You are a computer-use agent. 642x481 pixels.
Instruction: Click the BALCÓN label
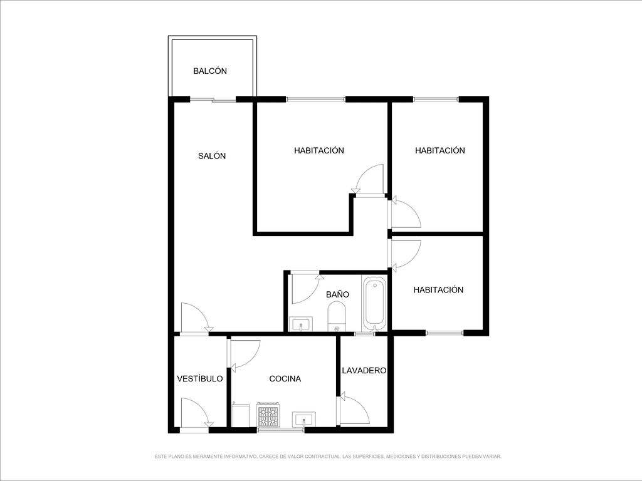click(210, 71)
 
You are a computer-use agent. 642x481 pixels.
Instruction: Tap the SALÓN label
click(212, 156)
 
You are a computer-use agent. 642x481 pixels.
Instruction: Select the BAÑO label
click(338, 294)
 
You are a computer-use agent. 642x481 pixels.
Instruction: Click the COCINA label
click(285, 379)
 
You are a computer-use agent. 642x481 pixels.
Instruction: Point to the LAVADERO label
click(364, 371)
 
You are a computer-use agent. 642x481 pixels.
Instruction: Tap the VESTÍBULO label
click(200, 379)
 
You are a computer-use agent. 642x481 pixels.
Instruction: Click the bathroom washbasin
click(301, 324)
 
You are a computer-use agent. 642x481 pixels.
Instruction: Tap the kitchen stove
click(268, 415)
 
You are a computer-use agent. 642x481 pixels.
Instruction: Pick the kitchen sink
click(304, 420)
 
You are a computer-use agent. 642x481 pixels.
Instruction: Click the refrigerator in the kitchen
click(240, 415)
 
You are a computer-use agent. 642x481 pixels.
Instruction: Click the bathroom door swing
click(305, 289)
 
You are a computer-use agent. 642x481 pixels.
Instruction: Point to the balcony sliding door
click(213, 99)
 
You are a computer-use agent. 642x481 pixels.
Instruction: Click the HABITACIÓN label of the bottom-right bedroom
click(438, 290)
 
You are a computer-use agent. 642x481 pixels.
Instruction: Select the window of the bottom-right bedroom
click(445, 333)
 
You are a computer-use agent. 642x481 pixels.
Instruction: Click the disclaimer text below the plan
click(328, 457)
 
